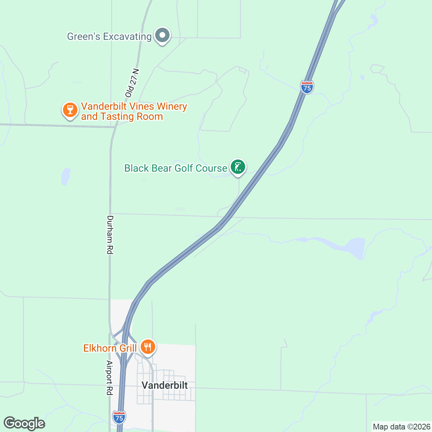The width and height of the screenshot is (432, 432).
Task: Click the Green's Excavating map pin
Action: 162,35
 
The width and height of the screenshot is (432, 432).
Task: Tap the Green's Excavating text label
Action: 109,36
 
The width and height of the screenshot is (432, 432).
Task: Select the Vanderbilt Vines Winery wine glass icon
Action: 70,109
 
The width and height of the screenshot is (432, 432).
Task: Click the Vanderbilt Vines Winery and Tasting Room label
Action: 134,112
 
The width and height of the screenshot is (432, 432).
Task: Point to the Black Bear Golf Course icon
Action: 238,167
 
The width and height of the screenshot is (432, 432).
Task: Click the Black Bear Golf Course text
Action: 176,168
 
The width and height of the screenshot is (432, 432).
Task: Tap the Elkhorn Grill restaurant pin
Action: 148,347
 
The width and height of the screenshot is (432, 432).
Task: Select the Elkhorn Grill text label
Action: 110,348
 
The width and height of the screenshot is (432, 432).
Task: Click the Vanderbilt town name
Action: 165,385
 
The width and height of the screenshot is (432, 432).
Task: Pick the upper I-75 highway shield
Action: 307,87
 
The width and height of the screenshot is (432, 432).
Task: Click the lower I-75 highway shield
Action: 119,417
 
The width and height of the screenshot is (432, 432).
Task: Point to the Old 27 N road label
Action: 132,82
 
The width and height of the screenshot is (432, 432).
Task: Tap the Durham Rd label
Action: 110,235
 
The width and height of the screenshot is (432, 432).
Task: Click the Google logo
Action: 24,423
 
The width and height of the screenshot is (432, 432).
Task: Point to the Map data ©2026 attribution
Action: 401,427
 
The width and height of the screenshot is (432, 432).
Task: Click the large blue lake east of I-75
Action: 355,247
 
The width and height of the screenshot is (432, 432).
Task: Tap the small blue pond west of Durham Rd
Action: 66,176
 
